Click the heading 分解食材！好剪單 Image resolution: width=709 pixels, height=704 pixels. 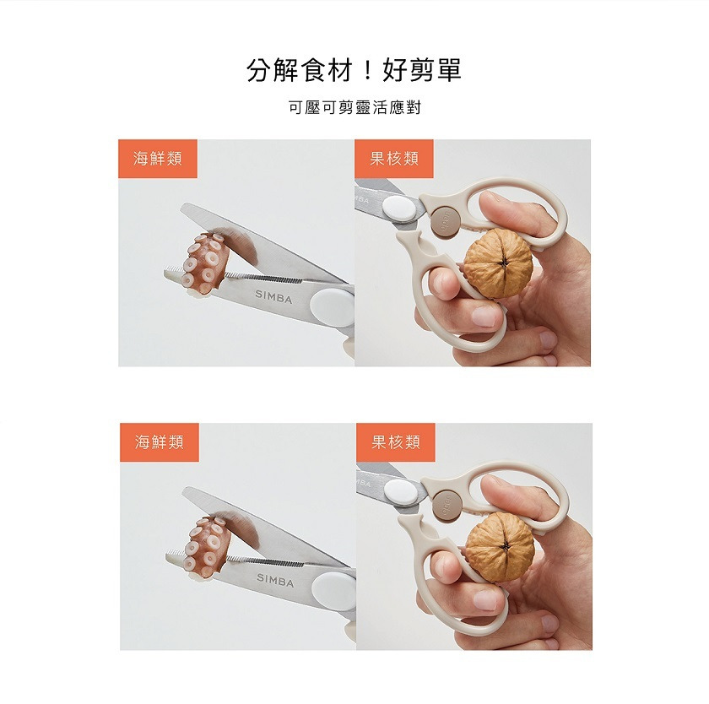tap(354, 70)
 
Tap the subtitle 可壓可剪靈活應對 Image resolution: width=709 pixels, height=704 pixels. tap(354, 108)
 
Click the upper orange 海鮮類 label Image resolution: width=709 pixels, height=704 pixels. tap(158, 159)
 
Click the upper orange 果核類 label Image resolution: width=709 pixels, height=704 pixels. tap(394, 159)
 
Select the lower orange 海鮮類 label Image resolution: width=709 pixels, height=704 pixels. tap(159, 442)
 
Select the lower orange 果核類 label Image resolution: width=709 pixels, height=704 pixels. tap(395, 442)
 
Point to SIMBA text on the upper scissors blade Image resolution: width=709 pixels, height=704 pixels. tap(274, 295)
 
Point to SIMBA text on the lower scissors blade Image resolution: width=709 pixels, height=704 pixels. tap(275, 582)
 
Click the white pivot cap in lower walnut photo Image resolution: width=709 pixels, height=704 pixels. tap(401, 492)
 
